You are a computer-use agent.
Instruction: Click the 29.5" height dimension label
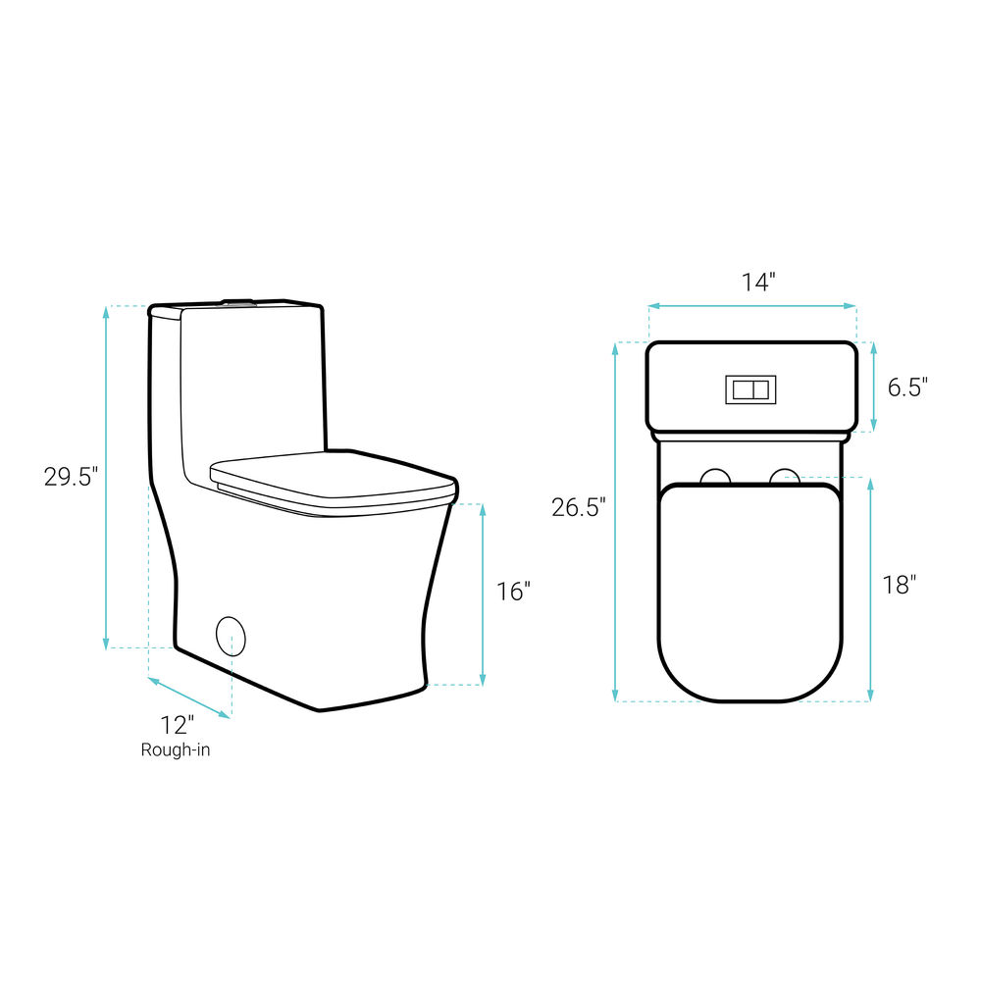point(71,477)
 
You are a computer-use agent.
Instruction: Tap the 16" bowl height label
point(513,592)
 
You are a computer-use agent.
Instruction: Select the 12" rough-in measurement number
point(177,726)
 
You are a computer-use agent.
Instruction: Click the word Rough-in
point(176,749)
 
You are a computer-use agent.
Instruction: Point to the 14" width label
point(758,283)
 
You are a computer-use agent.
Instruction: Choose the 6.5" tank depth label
point(907,387)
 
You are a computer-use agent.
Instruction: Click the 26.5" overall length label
point(579,507)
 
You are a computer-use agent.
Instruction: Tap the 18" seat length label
point(899,585)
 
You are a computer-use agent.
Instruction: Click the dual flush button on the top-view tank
point(750,389)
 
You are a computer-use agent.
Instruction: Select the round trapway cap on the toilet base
point(231,637)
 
